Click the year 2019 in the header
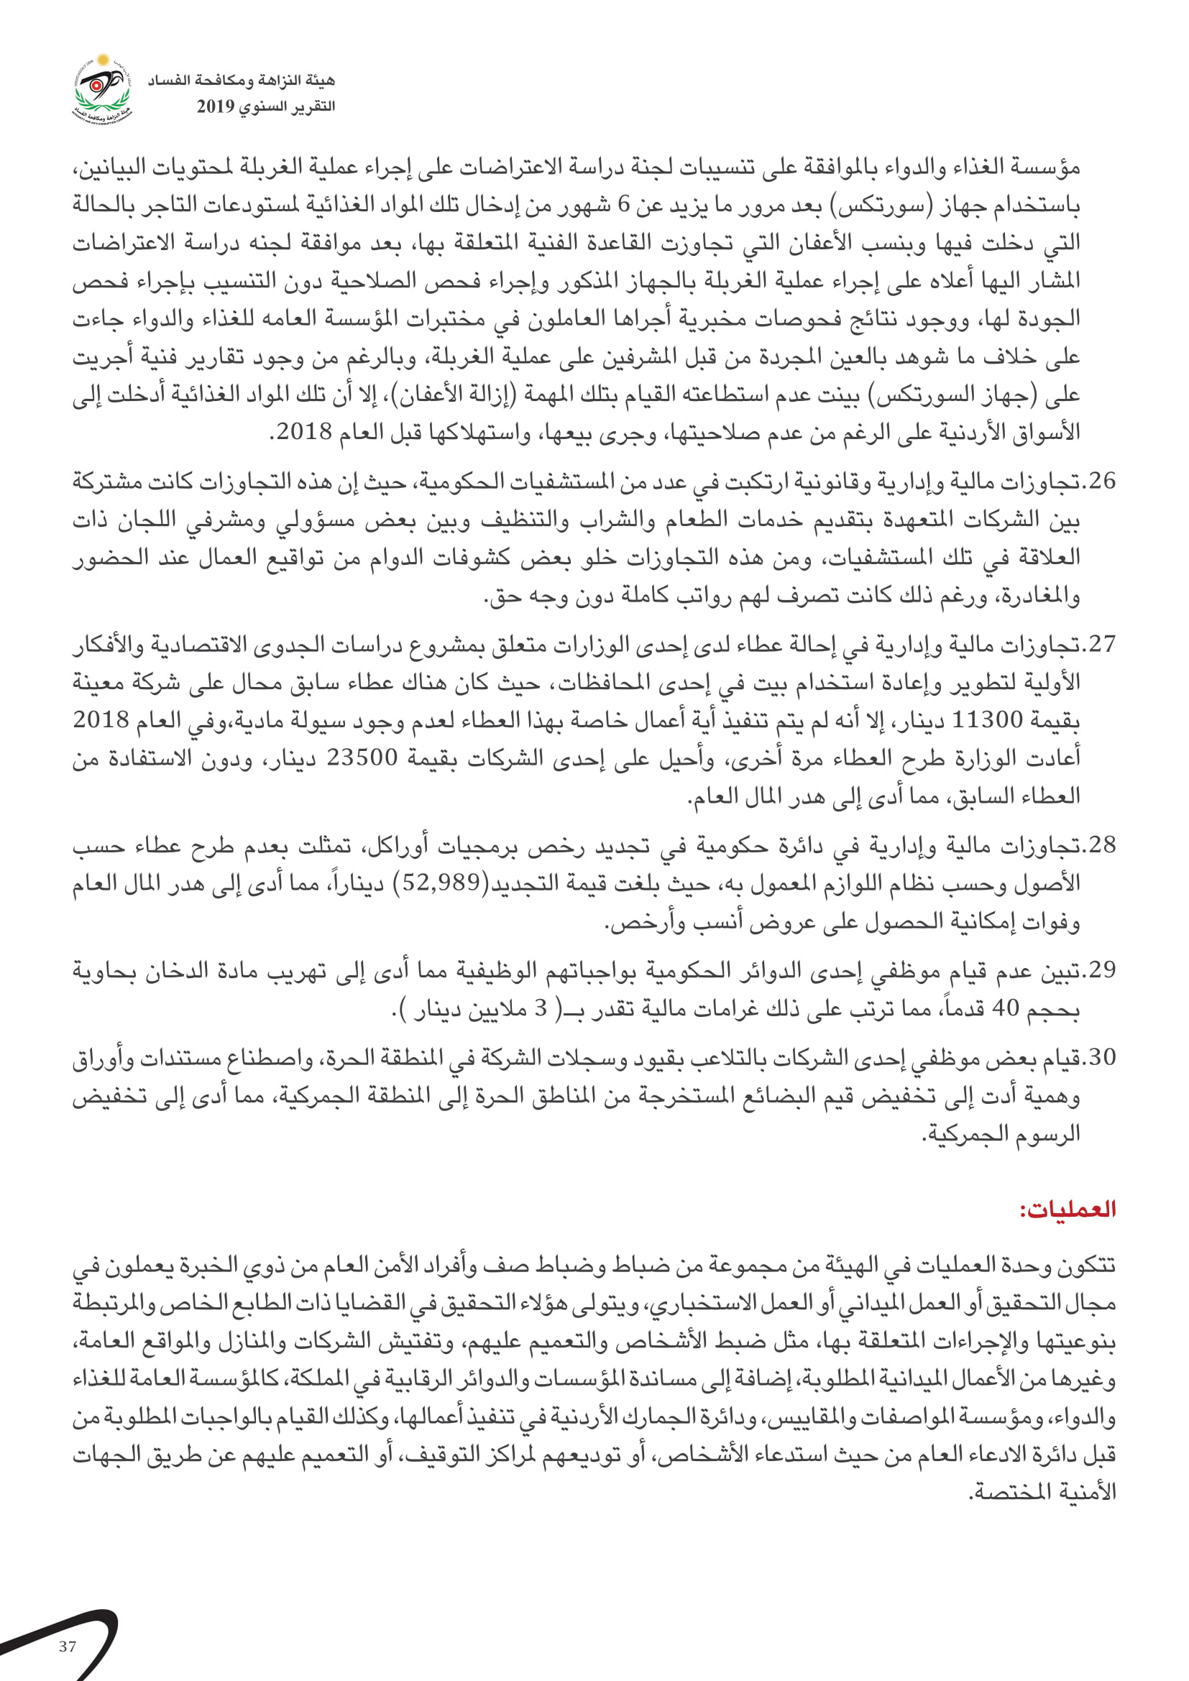[215, 107]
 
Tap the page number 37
[68, 1647]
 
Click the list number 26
[1102, 482]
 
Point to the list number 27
[1102, 644]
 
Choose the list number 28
[1102, 845]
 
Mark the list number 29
[1102, 970]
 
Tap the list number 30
[1102, 1057]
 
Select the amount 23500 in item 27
[362, 757]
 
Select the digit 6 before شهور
[623, 206]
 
